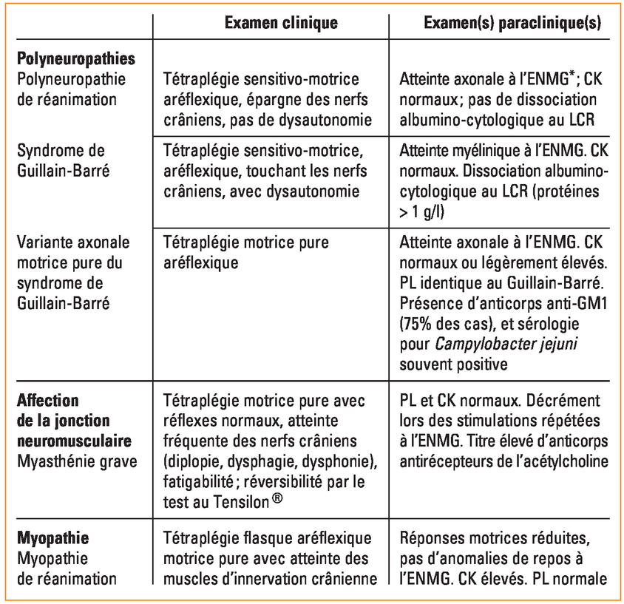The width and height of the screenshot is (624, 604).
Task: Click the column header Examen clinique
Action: (280, 23)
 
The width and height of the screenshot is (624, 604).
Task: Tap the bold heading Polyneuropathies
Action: (75, 59)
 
